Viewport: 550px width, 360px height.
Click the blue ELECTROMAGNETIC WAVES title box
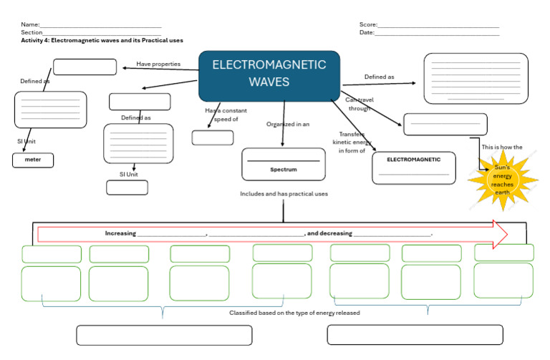(x=269, y=75)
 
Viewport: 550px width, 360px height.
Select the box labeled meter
(x=33, y=160)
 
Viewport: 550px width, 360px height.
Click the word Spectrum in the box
(x=284, y=170)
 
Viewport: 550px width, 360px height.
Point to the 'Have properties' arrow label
(x=158, y=64)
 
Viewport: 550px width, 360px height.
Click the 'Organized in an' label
(x=288, y=124)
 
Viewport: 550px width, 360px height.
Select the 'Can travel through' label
(x=359, y=104)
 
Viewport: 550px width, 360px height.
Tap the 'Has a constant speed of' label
(x=221, y=115)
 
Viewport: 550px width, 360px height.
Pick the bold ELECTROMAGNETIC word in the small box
(x=414, y=159)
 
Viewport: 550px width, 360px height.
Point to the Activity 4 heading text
(x=102, y=41)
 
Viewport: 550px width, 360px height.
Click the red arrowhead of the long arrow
(x=500, y=234)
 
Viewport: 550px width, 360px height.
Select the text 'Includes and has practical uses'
(x=284, y=194)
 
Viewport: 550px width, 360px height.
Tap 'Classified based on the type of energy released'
(x=294, y=313)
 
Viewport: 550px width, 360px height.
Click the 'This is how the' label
(x=502, y=147)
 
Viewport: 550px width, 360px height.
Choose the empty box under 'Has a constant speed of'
(x=213, y=137)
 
